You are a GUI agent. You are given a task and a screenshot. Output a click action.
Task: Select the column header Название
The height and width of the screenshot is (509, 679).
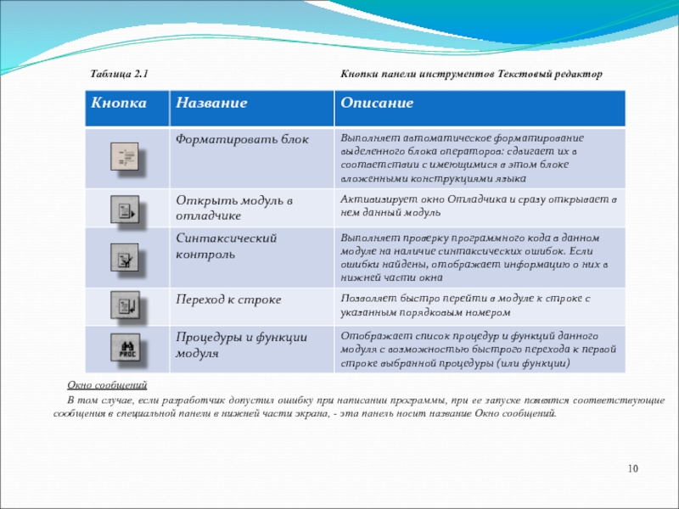(x=211, y=103)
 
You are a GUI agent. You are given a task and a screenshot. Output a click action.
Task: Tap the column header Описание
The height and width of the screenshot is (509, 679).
(x=377, y=103)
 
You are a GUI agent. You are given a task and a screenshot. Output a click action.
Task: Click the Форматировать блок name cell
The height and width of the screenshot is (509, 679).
(x=243, y=138)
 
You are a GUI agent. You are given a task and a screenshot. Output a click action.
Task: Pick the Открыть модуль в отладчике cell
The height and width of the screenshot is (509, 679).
(x=233, y=207)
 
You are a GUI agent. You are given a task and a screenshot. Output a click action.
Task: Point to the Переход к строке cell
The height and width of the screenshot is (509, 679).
(x=228, y=299)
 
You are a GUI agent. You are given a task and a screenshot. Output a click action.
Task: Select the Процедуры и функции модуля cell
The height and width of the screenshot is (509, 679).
(x=241, y=344)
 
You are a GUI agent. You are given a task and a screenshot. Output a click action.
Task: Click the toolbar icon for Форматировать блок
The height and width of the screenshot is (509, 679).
(x=129, y=159)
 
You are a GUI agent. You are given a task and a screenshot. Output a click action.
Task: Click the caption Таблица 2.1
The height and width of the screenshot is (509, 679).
(x=121, y=75)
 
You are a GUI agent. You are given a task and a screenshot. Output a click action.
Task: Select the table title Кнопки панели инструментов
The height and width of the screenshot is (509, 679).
(x=471, y=75)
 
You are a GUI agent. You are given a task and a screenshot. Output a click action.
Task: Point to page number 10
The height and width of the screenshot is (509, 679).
(x=632, y=469)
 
